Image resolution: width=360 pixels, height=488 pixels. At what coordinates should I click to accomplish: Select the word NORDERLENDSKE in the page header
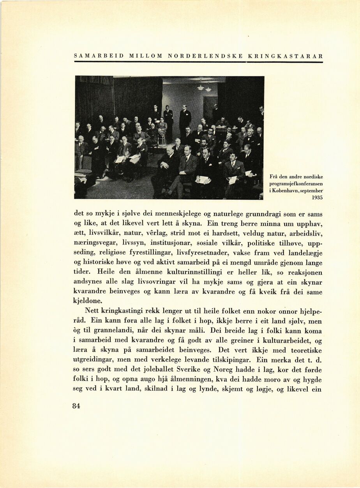(x=205, y=56)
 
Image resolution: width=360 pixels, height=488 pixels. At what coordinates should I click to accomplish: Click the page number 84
(x=76, y=406)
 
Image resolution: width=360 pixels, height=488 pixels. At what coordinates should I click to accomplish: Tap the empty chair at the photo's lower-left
(x=83, y=171)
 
